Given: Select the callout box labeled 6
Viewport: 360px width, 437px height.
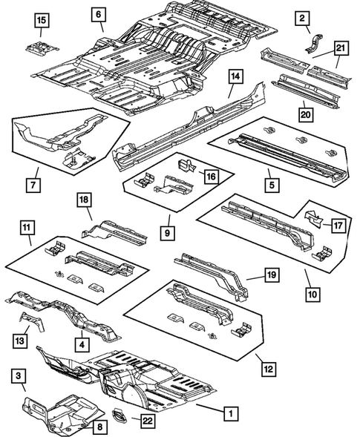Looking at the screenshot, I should [99, 13].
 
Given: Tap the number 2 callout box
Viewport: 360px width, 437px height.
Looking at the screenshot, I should [302, 17].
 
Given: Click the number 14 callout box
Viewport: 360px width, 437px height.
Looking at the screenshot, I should [235, 76].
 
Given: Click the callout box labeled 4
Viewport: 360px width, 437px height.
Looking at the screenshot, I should [80, 345].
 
